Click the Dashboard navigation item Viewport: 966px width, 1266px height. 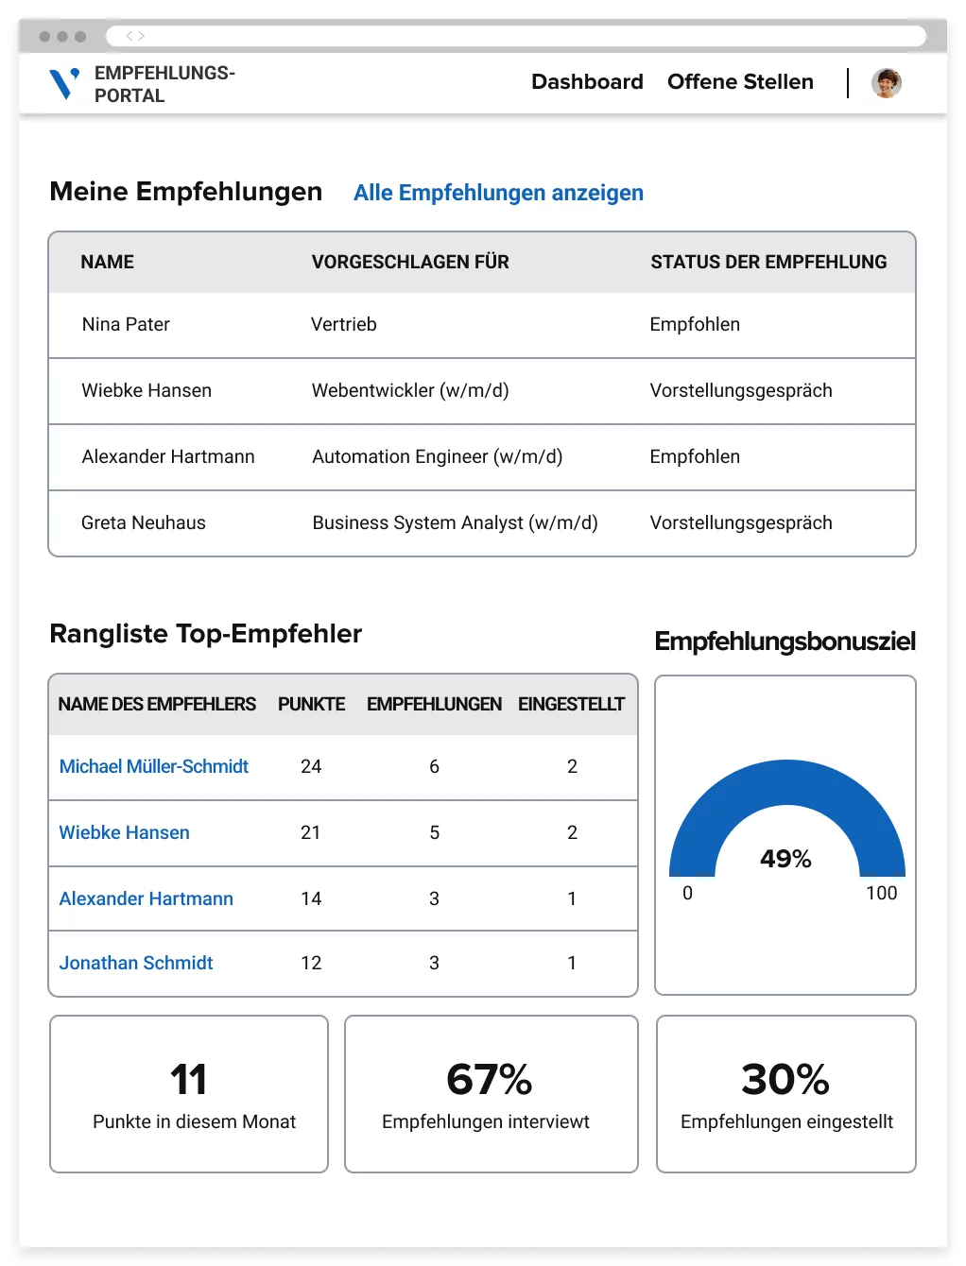[x=587, y=82]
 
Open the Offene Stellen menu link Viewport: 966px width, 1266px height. [x=740, y=82]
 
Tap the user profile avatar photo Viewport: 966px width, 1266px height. [x=886, y=83]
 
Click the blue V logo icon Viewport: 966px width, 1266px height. [x=63, y=83]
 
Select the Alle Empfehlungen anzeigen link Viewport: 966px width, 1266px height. [x=498, y=193]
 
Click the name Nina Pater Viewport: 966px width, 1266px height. [x=126, y=324]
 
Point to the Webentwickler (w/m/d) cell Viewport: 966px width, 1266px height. [x=410, y=390]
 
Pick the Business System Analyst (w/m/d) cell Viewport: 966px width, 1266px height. [x=455, y=522]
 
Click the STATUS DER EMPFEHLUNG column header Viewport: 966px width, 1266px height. [x=768, y=262]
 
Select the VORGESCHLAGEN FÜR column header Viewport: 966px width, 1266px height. [x=410, y=262]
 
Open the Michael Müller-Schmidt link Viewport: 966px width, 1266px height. [x=154, y=766]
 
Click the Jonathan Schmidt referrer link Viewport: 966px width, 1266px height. [x=136, y=963]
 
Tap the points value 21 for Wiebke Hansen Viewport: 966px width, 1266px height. [x=310, y=832]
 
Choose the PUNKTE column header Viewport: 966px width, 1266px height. [x=311, y=704]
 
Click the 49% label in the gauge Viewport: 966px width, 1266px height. [x=785, y=859]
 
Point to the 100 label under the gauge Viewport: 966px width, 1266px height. [x=881, y=893]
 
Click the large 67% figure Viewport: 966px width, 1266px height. [x=489, y=1079]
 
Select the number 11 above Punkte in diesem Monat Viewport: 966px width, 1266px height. [x=189, y=1079]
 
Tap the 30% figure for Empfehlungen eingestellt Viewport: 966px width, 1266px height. [x=785, y=1079]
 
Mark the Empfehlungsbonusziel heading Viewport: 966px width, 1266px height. [x=785, y=642]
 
